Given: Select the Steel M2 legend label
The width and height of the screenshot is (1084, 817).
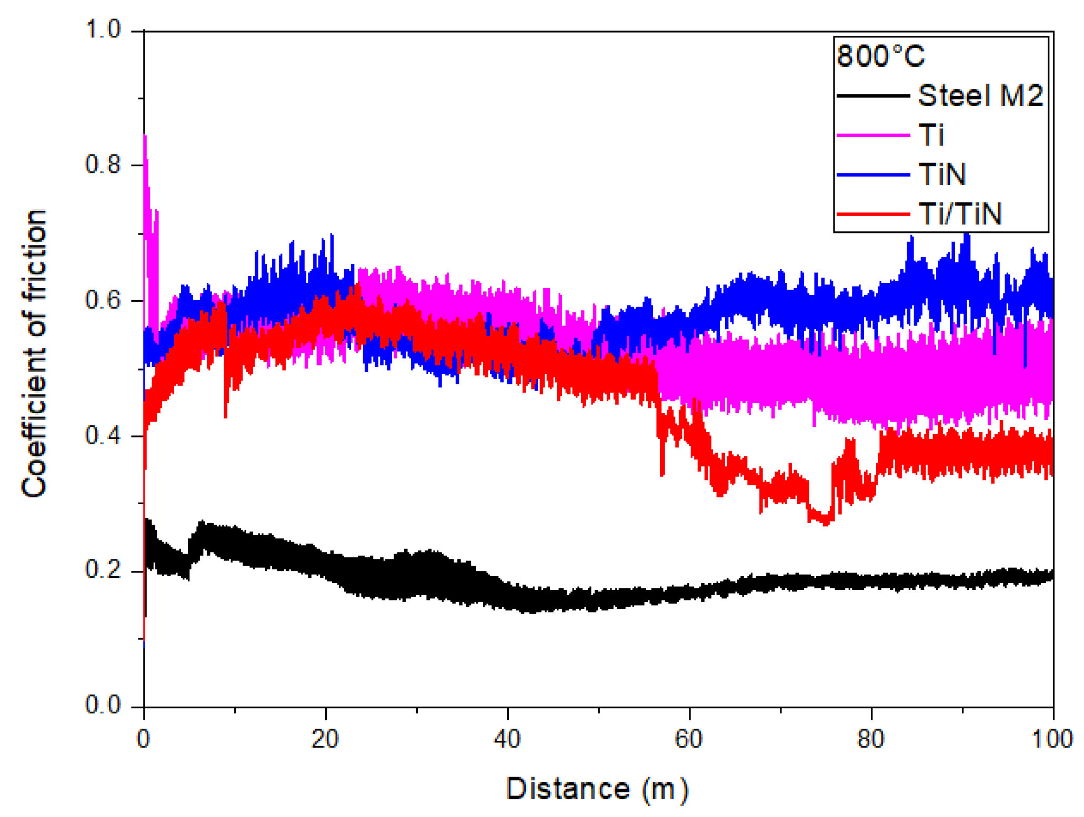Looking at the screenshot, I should click(x=979, y=96).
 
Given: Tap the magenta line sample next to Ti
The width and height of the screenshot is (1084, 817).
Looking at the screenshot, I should click(x=872, y=135).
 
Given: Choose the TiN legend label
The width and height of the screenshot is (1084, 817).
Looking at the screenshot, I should click(x=941, y=174).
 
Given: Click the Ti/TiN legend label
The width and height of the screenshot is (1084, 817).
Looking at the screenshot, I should click(x=959, y=214).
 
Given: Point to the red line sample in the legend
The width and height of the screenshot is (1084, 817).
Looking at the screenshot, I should click(x=872, y=214).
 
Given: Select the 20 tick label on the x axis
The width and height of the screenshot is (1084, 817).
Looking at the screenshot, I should click(x=325, y=739).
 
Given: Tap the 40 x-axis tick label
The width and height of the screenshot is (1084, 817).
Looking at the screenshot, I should click(x=507, y=739).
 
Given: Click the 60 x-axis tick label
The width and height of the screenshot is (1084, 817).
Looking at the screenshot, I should click(x=688, y=739).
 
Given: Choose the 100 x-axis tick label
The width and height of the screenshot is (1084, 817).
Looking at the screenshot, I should click(x=1051, y=739).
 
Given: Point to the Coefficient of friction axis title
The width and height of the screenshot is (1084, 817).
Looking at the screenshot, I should click(x=34, y=353).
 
